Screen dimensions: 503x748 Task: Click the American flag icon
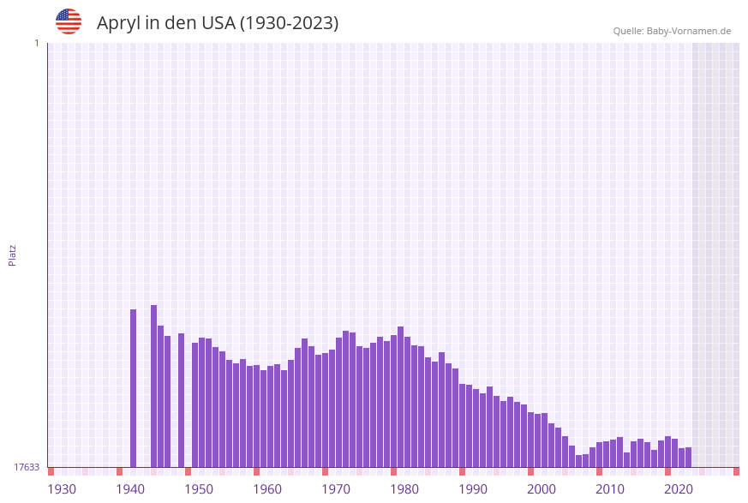pos(69,21)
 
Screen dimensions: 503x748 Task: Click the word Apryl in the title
pos(118,23)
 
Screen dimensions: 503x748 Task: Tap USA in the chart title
pos(218,23)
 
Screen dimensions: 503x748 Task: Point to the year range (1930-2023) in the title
pos(289,23)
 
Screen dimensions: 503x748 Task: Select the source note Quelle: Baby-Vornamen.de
pos(672,31)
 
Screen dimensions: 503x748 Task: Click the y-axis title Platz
pos(13,254)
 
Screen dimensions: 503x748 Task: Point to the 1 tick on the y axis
pos(36,43)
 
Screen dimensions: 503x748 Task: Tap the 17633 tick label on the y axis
pos(27,467)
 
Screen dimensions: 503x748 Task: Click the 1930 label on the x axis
pos(62,489)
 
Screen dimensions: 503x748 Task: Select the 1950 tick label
pos(199,489)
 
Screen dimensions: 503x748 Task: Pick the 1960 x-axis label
pos(267,489)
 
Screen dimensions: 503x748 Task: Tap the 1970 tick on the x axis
pos(336,489)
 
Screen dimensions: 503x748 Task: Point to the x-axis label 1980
pos(404,489)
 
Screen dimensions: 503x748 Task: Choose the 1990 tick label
pos(473,489)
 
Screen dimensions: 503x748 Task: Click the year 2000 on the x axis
pos(542,489)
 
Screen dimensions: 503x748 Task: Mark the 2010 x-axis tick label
pos(610,489)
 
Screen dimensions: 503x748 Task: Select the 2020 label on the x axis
pos(679,489)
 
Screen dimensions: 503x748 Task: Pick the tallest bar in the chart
pos(154,386)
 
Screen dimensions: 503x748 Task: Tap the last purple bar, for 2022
pos(689,458)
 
